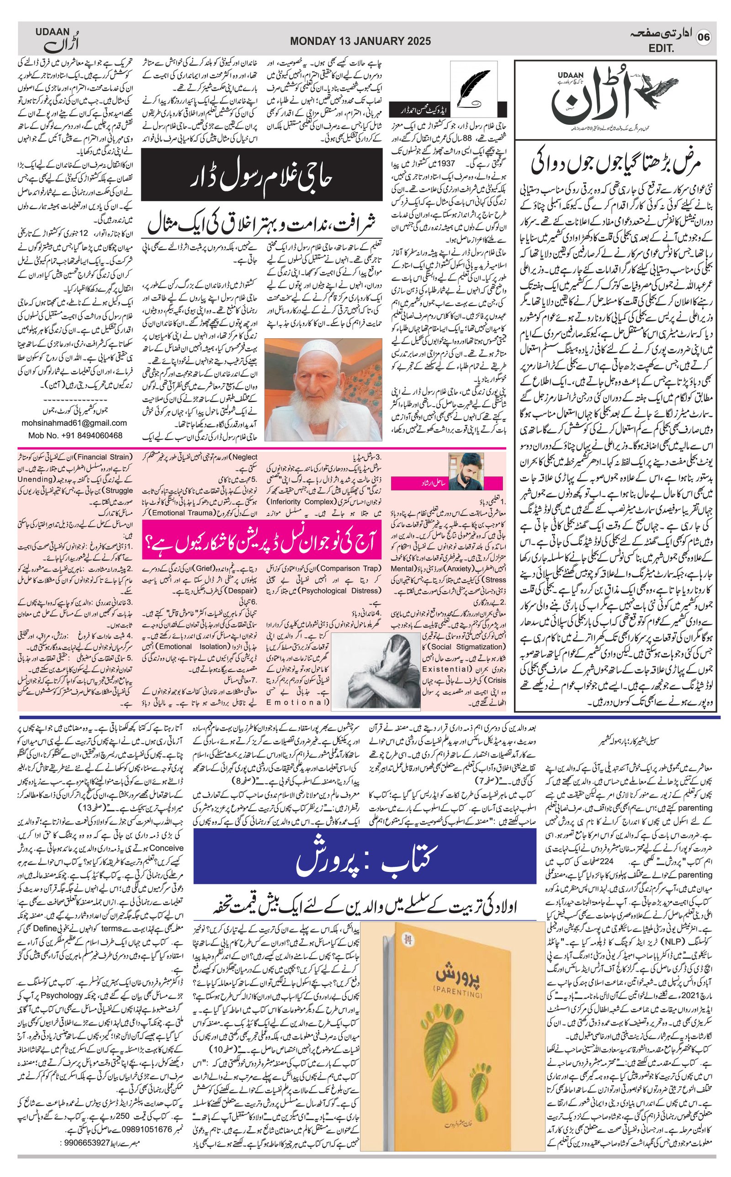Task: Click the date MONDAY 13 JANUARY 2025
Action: pyautogui.click(x=360, y=42)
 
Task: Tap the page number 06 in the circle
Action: pyautogui.click(x=704, y=38)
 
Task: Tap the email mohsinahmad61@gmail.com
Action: pyautogui.click(x=74, y=423)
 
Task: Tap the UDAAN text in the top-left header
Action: pyautogui.click(x=53, y=32)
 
